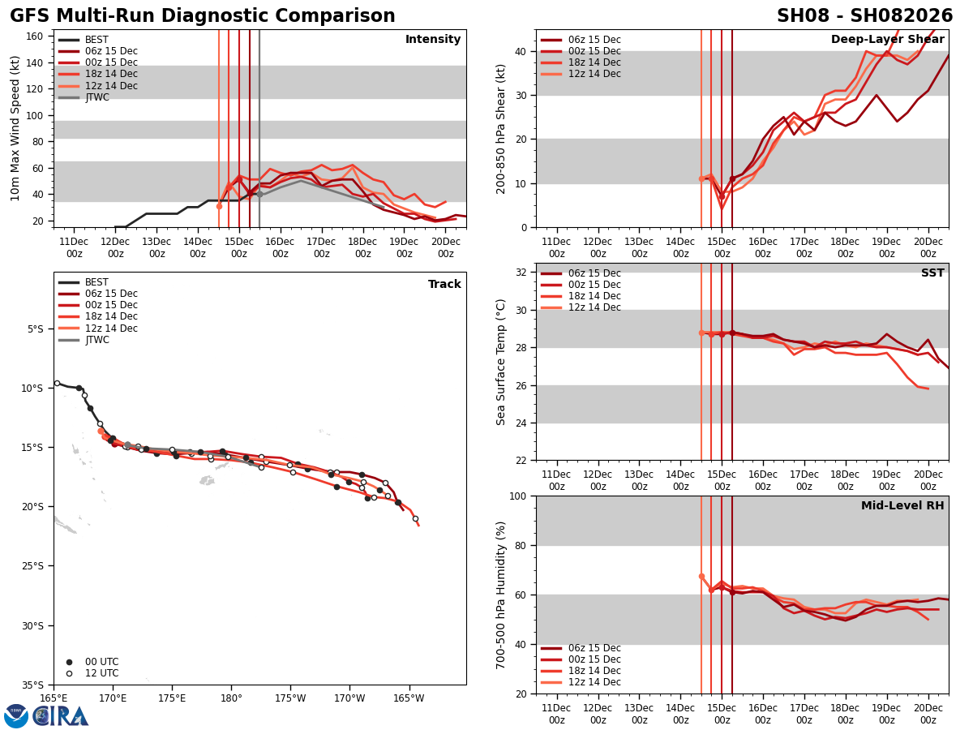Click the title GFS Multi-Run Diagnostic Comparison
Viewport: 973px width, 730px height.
click(x=203, y=16)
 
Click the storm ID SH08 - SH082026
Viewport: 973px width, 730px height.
click(x=864, y=16)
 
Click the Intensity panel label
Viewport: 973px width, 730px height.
click(x=433, y=40)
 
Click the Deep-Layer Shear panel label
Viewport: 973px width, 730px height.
click(x=887, y=40)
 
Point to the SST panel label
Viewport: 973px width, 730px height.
click(x=932, y=273)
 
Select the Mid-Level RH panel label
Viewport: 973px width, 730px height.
click(x=902, y=506)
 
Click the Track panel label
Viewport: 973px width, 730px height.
click(x=444, y=285)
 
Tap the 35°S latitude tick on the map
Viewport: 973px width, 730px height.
click(x=34, y=685)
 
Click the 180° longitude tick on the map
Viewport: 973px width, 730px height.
click(x=231, y=698)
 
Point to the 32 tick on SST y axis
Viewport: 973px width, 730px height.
click(x=521, y=273)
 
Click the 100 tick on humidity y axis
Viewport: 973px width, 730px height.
click(x=517, y=496)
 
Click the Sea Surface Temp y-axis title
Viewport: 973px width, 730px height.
click(x=502, y=362)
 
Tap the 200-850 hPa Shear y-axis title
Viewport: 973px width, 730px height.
click(x=502, y=128)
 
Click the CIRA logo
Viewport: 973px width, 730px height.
click(x=61, y=715)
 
